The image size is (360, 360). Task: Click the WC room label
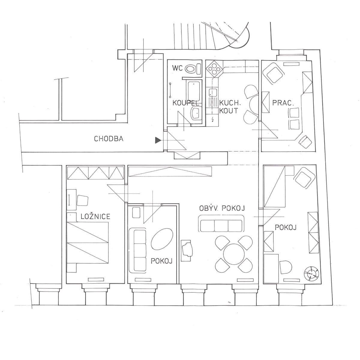click(x=177, y=68)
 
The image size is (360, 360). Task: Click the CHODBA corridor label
click(x=109, y=139)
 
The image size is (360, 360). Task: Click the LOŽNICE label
click(x=95, y=216)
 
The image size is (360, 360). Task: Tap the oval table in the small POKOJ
click(x=162, y=239)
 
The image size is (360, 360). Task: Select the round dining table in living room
click(x=233, y=253)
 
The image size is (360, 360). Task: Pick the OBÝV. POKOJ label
click(x=222, y=208)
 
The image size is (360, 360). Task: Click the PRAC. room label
click(x=283, y=103)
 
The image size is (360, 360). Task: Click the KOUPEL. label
click(x=186, y=103)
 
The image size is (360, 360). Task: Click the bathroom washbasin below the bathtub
click(x=196, y=113)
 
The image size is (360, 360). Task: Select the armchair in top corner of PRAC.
click(x=274, y=73)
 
